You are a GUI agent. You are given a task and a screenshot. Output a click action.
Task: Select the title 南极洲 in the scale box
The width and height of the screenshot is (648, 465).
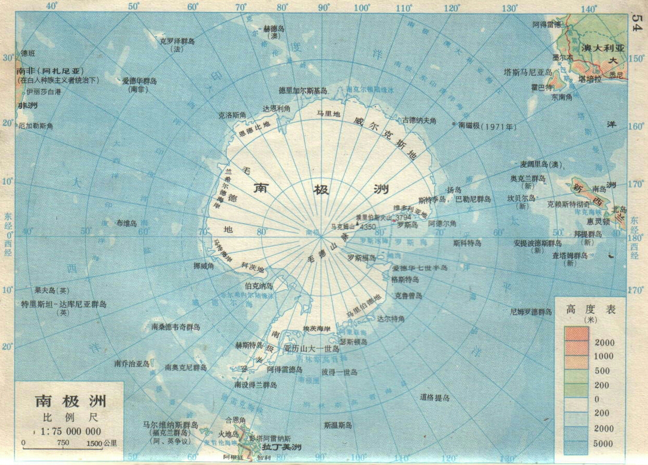(x=71, y=401)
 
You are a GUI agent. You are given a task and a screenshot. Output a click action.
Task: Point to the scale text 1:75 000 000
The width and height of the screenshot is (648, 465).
(x=67, y=431)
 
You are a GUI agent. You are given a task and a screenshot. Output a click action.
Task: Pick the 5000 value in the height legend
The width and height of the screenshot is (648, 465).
(x=603, y=444)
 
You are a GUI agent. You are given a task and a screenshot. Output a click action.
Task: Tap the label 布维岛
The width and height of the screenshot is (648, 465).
(x=126, y=223)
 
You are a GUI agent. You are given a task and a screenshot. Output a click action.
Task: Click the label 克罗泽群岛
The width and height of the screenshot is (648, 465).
(x=177, y=41)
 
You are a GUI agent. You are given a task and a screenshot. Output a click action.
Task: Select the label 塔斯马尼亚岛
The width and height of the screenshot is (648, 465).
(x=529, y=73)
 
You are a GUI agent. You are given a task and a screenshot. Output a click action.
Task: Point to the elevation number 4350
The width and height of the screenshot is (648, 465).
(x=368, y=227)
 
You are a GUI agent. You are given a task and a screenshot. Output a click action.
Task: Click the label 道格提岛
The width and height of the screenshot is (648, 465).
(x=434, y=398)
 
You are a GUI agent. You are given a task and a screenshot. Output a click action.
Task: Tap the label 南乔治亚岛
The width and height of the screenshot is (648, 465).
(x=132, y=364)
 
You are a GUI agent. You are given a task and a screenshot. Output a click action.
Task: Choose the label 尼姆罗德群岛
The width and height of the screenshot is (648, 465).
(x=531, y=312)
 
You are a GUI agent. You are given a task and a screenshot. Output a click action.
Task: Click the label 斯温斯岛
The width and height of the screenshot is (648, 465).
(x=338, y=425)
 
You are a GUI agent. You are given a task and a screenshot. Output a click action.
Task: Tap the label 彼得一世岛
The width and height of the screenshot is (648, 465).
(x=339, y=372)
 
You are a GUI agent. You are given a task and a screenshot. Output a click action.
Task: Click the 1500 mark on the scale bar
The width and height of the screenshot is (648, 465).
(x=94, y=443)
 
